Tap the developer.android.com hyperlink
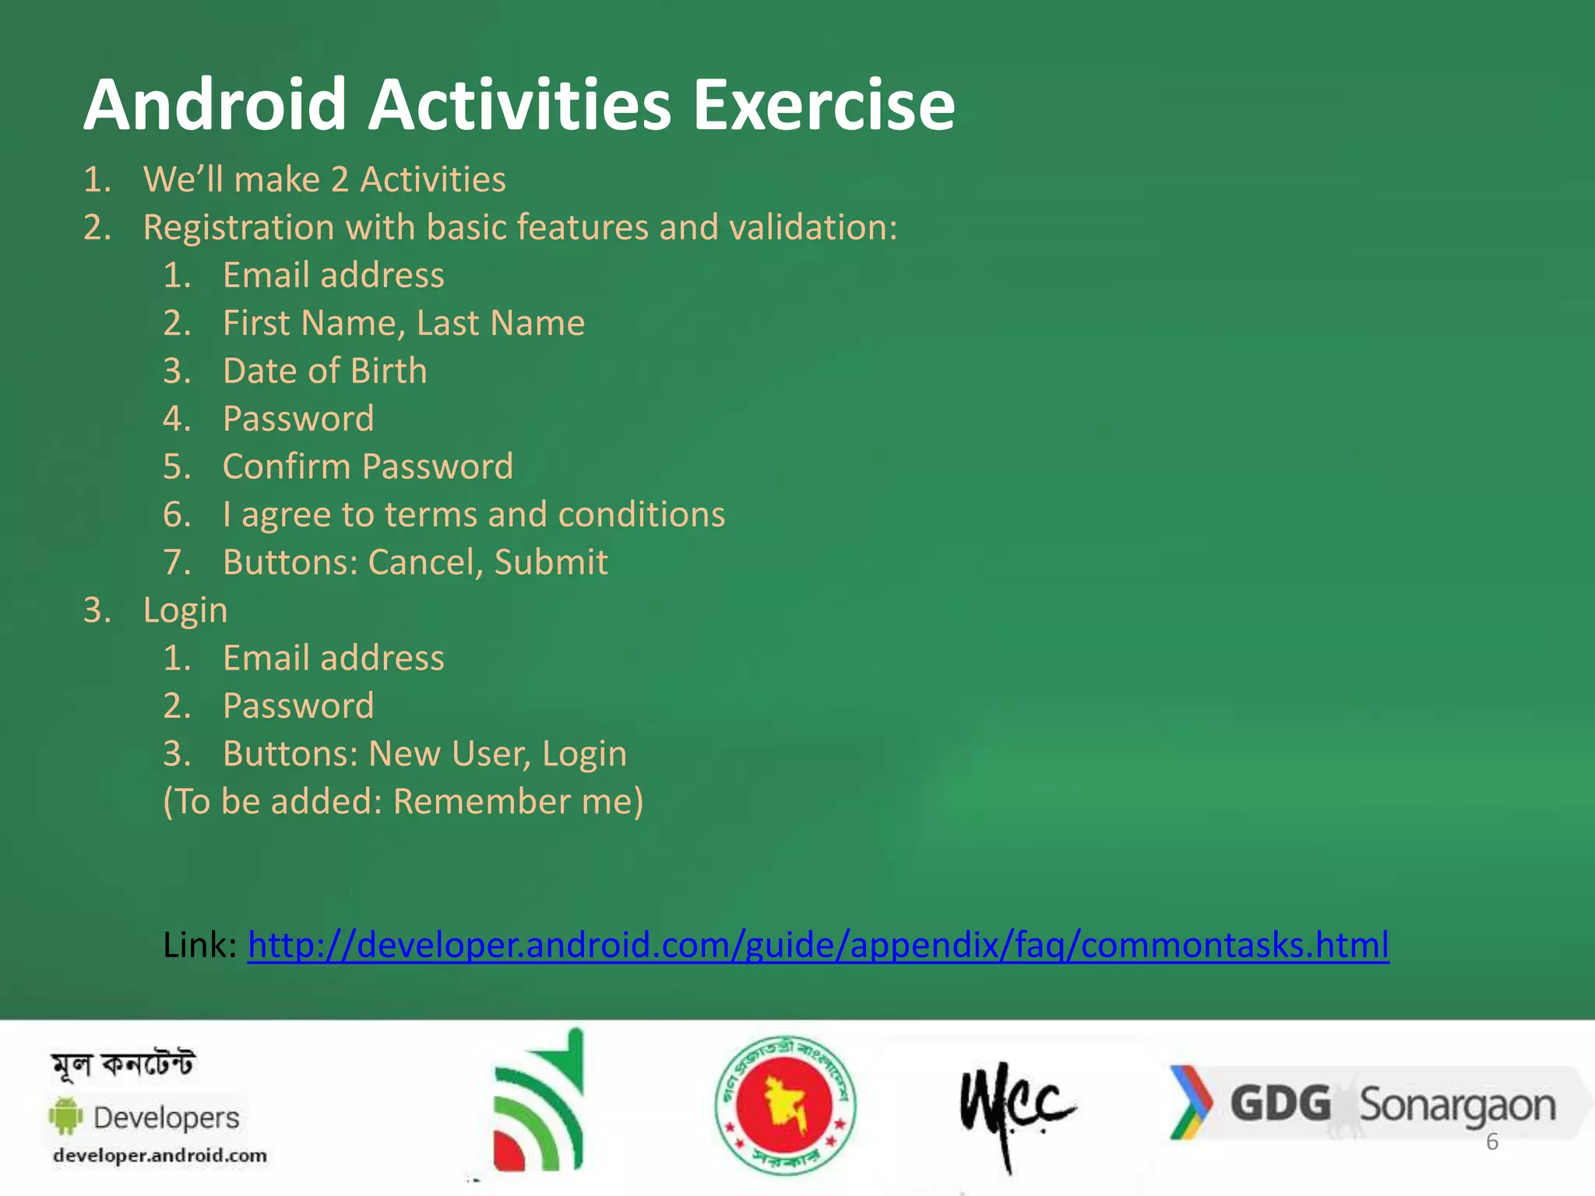click(818, 944)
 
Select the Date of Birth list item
click(325, 371)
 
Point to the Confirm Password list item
click(368, 466)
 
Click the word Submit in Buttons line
click(551, 562)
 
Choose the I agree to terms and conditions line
click(474, 515)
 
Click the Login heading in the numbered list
click(185, 610)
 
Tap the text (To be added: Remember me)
click(403, 801)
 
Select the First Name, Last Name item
click(403, 323)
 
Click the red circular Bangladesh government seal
click(785, 1104)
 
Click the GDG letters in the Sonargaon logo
click(1280, 1103)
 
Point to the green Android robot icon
click(65, 1116)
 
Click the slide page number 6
click(1491, 1141)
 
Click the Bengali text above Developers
click(123, 1064)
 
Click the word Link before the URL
click(199, 944)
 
